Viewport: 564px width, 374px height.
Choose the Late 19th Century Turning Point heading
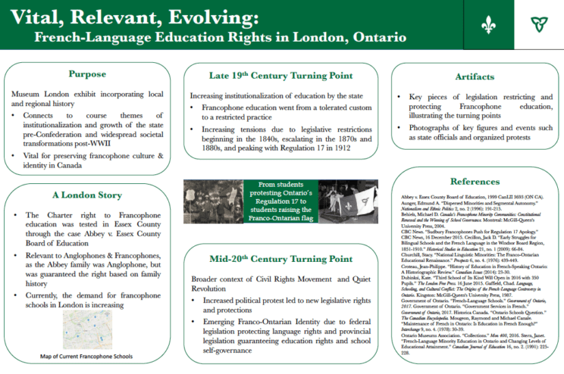click(x=281, y=75)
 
